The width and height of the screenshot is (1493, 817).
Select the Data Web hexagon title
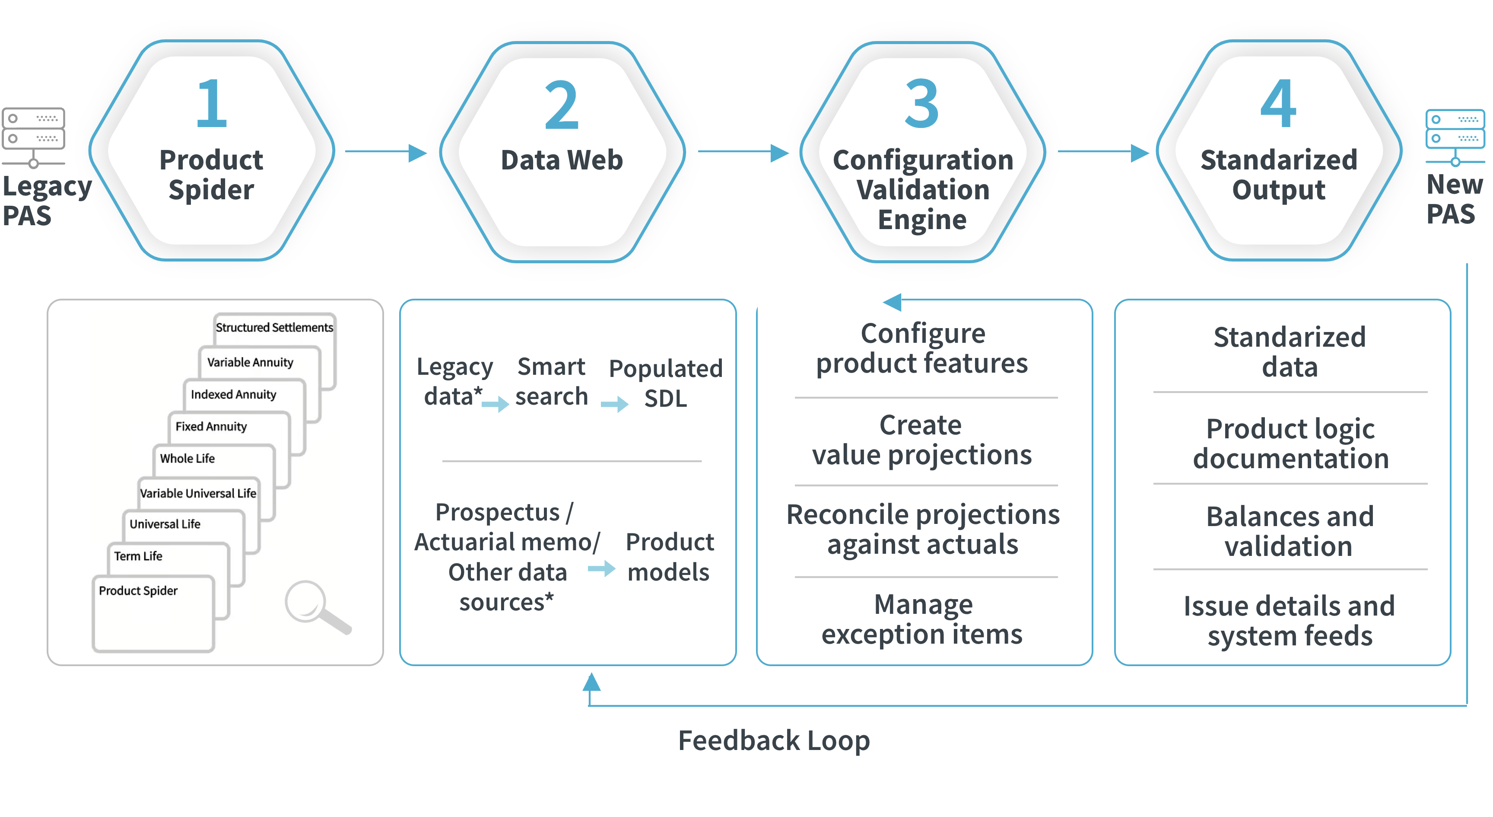pos(562,160)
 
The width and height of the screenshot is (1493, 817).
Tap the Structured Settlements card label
pos(274,328)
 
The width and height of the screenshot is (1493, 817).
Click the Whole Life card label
pos(187,459)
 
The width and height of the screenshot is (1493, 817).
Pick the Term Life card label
pos(138,556)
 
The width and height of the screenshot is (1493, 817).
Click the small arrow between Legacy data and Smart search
pos(495,404)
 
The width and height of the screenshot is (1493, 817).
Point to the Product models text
pos(670,557)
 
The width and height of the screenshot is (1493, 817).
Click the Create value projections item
pos(921,440)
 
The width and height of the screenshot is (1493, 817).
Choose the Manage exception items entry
pos(922,619)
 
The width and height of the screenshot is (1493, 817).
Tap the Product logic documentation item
pos(1291,444)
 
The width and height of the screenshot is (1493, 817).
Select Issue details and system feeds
pos(1290,621)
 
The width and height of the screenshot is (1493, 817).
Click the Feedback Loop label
pos(774,741)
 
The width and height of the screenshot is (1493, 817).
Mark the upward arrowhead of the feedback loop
pos(591,682)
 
